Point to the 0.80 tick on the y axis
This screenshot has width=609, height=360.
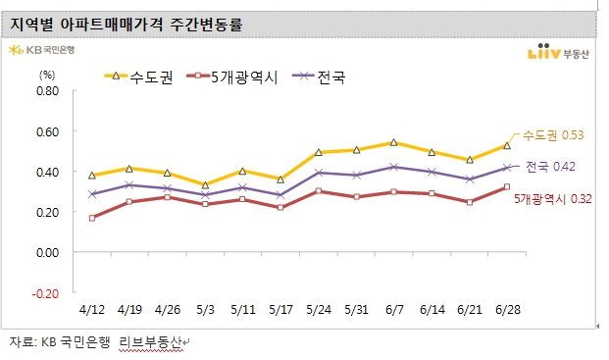pos(48,91)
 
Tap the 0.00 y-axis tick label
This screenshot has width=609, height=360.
pos(48,253)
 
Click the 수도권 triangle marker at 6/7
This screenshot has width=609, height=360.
pos(393,143)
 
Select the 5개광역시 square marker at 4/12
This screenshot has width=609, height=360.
pos(92,218)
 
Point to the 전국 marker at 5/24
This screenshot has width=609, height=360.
pos(318,173)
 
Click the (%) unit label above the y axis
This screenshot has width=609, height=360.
pos(47,75)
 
